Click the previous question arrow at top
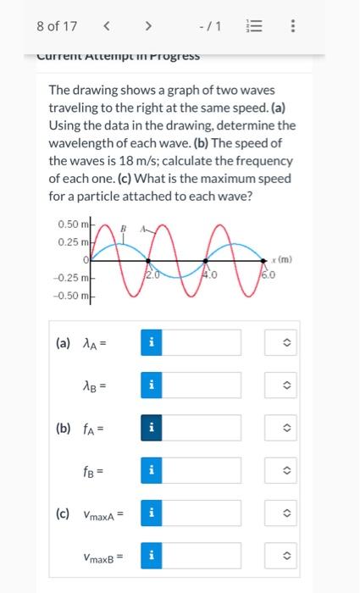(x=106, y=26)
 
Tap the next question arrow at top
(x=148, y=26)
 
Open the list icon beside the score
(x=255, y=26)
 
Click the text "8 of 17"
(x=57, y=26)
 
